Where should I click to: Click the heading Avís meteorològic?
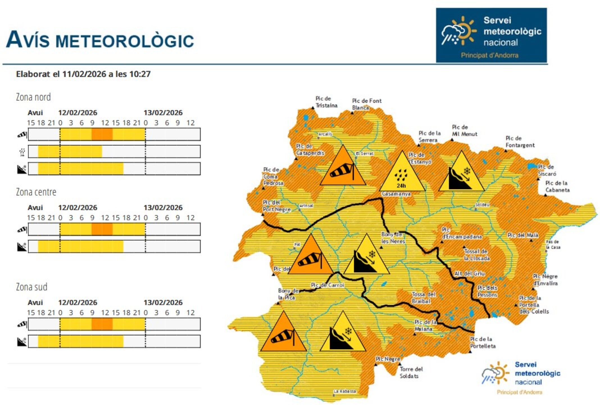coord(100,40)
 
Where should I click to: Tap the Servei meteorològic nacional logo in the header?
coord(491,35)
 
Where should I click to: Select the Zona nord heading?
coord(33,97)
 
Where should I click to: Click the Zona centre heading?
coord(36,192)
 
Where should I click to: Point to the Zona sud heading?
coord(31,287)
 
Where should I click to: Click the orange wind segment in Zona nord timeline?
coord(102,134)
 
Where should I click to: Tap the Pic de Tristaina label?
coord(326,102)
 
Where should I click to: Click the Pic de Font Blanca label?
coord(367,104)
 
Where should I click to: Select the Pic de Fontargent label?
coord(520,142)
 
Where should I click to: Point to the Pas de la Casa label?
coord(553,244)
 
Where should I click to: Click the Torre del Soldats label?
coord(411,372)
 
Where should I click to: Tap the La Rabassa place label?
coord(344,391)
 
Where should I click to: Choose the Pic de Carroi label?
coord(327,285)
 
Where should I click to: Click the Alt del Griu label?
coord(469,273)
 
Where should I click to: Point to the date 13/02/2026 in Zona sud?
coord(163,302)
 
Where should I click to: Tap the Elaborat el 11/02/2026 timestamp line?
coord(83,74)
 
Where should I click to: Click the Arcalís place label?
coord(325,134)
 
